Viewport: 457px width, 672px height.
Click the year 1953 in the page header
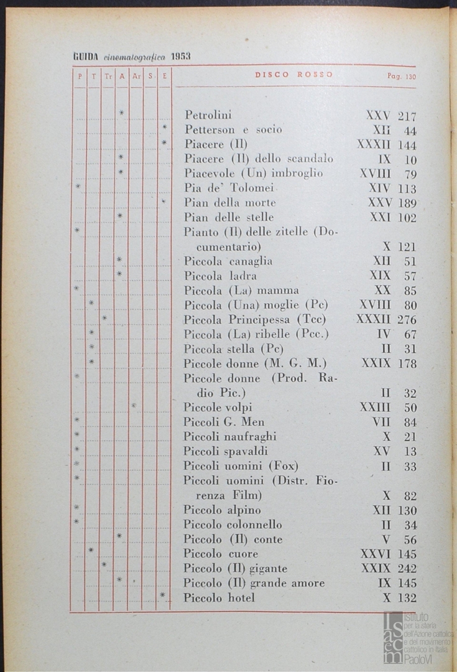coord(180,56)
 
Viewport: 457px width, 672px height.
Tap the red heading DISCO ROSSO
coord(293,75)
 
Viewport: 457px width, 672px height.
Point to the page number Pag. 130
coord(401,77)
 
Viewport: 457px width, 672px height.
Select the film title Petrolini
coord(208,115)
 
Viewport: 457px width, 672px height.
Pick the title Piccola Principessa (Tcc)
coord(254,320)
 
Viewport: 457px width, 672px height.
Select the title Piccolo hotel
coord(219,598)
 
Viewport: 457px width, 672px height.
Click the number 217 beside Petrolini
coord(407,116)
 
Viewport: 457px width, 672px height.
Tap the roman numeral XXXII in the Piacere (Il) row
coord(374,144)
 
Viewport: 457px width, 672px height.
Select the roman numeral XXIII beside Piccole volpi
coord(375,408)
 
